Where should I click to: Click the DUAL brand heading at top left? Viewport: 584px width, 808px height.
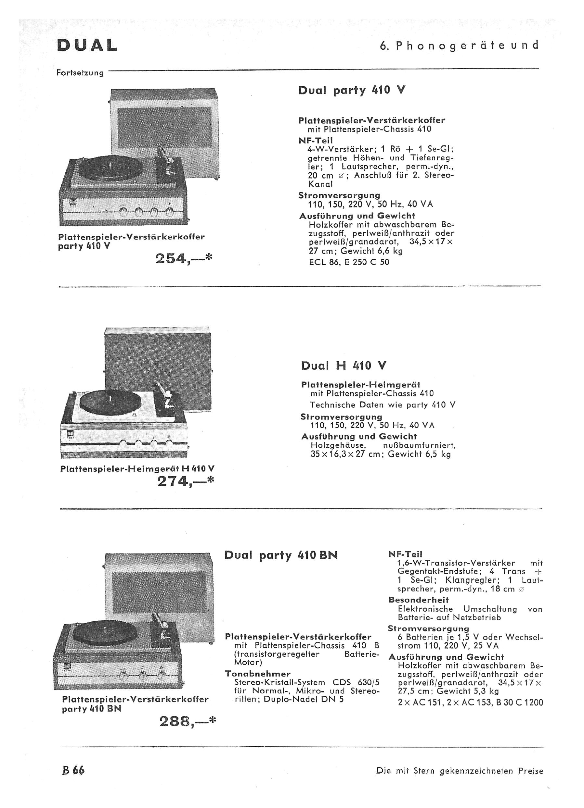click(87, 45)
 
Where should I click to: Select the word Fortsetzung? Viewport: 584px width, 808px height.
click(80, 73)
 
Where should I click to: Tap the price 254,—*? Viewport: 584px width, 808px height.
click(183, 258)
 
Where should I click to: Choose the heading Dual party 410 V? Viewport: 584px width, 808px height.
click(352, 90)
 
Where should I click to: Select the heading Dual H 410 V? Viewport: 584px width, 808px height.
click(344, 366)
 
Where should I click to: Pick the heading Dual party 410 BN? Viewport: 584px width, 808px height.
click(281, 555)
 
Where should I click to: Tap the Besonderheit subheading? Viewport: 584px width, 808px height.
click(419, 600)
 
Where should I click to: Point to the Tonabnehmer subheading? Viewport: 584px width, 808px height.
click(258, 674)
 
